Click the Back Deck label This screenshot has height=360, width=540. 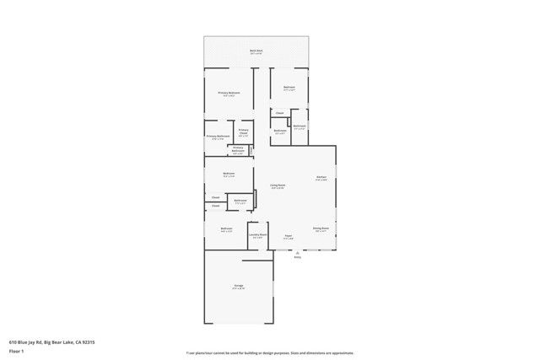tap(256, 51)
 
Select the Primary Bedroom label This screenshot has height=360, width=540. tap(229, 92)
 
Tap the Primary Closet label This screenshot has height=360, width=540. tap(243, 131)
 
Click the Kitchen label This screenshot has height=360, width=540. tap(321, 176)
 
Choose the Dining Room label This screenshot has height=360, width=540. tap(321, 228)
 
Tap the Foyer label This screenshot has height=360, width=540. tap(288, 235)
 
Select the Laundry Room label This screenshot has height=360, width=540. tap(258, 234)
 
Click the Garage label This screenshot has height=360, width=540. tap(239, 286)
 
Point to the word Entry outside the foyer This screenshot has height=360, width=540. tap(297, 257)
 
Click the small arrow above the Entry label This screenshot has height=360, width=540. tap(297, 251)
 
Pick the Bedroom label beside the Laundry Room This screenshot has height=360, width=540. tap(226, 228)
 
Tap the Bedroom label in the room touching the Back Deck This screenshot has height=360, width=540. tap(289, 87)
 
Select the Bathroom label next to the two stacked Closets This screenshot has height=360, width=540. tap(240, 201)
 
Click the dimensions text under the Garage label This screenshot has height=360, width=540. tap(239, 289)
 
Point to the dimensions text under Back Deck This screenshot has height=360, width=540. tap(256, 54)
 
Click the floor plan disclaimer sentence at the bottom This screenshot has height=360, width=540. tap(270, 353)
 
